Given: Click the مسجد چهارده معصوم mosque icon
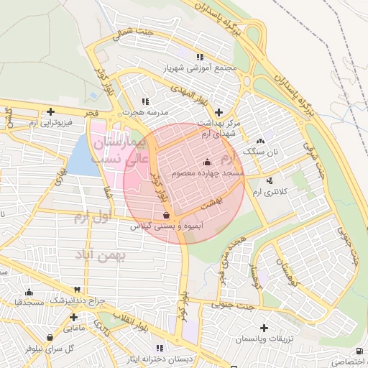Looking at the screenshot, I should [208, 160].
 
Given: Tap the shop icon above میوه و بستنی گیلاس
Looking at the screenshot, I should [167, 214].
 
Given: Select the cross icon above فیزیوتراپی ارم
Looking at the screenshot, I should [50, 111].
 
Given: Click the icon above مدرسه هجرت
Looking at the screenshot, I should [147, 101].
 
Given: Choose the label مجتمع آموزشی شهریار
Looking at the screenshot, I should [199, 68].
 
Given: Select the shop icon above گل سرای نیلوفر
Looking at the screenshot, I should [49, 337].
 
